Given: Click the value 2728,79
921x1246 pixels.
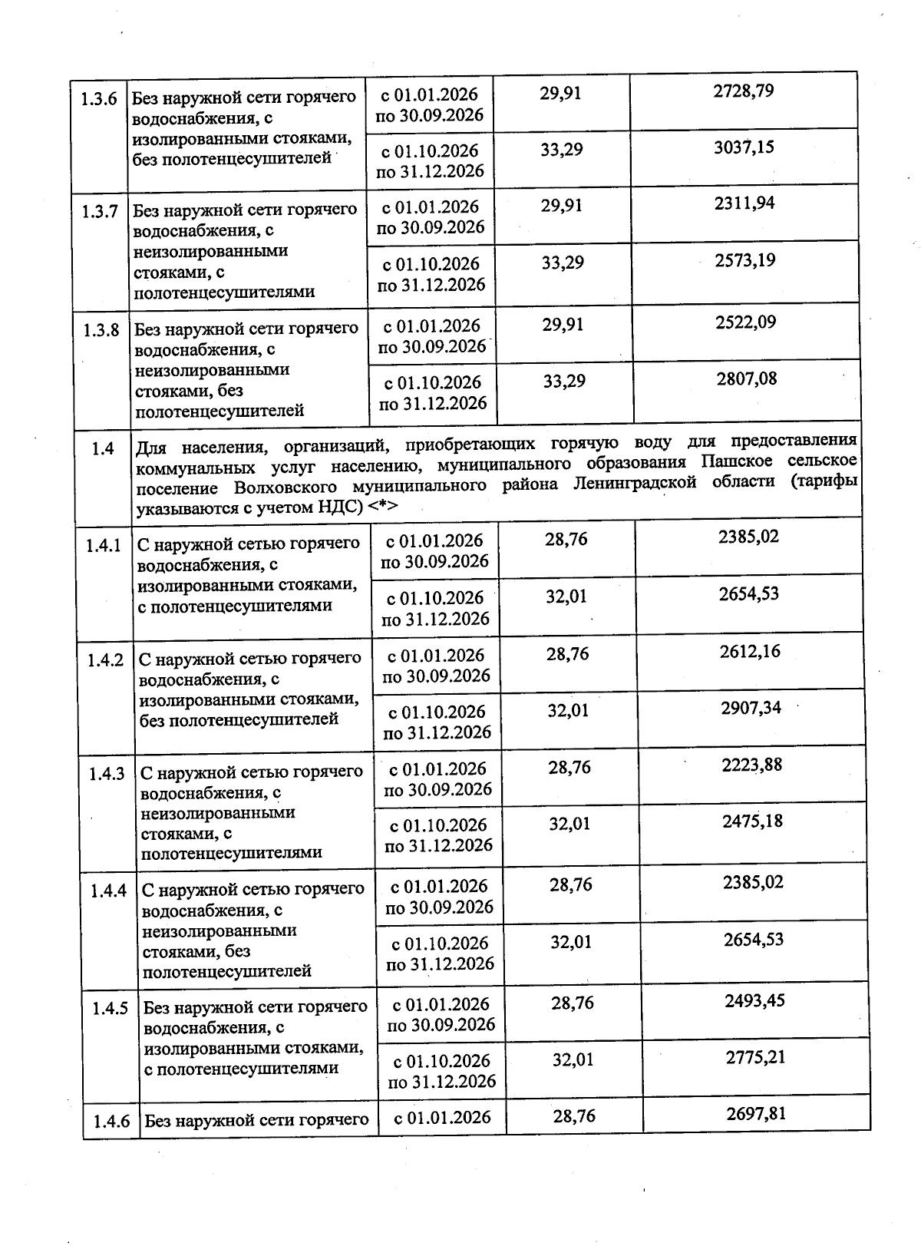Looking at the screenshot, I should [x=743, y=91].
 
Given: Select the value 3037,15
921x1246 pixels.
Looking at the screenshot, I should [x=744, y=147].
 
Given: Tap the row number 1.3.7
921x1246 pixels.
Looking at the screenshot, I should [x=101, y=211].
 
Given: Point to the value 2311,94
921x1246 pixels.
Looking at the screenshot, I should [x=744, y=203].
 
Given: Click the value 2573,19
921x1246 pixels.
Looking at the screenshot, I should [x=745, y=260].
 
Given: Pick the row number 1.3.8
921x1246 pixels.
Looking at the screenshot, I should [x=101, y=330].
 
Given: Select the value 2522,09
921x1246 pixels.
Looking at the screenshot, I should [x=746, y=322].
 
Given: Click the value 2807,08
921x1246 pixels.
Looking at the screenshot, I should [x=747, y=378].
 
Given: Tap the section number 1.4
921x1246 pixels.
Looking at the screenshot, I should [x=103, y=449].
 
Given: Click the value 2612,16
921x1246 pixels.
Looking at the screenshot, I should [x=750, y=652].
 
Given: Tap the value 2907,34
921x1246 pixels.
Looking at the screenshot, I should [x=751, y=708].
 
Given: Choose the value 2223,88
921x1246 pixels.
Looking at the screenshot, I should [x=752, y=765].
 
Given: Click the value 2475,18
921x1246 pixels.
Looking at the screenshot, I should [x=752, y=821].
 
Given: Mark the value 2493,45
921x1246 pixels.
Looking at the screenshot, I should [x=754, y=1000].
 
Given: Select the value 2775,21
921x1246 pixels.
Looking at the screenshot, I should [x=755, y=1057].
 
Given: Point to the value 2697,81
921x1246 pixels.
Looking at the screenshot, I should [x=756, y=1113].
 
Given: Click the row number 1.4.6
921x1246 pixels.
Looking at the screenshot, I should [x=111, y=1122].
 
